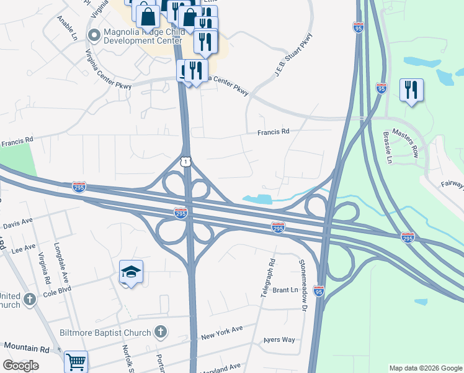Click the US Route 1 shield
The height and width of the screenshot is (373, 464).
[185, 161]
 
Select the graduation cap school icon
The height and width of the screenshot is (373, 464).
[131, 272]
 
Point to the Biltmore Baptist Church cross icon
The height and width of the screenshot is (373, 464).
[160, 332]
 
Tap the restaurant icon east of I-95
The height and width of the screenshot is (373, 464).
[411, 90]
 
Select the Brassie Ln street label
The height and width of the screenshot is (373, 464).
[388, 147]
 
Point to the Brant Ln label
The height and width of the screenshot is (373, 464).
[285, 290]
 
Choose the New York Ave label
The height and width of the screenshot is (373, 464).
[221, 332]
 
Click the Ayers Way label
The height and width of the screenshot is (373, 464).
[279, 340]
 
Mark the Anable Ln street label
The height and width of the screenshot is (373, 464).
[67, 28]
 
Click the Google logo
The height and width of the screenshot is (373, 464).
[20, 366]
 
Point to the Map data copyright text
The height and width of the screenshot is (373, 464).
[425, 368]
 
